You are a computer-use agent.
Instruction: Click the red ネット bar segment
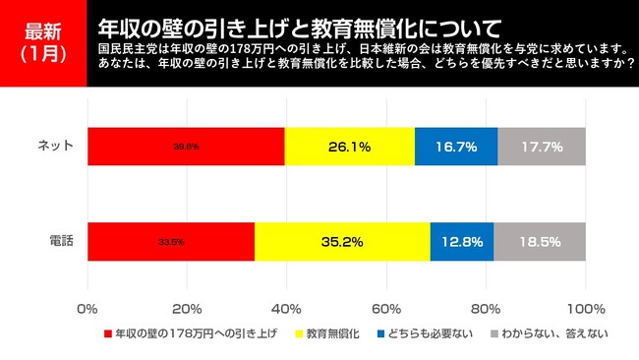click(186, 147)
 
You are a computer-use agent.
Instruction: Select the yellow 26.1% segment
click(349, 147)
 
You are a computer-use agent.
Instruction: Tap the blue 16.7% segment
click(456, 147)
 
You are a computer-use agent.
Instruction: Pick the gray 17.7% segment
click(542, 147)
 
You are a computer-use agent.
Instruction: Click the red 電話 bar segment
click(171, 241)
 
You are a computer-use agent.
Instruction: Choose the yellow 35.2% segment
click(342, 241)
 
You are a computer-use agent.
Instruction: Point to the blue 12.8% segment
click(462, 241)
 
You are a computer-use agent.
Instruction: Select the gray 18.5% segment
click(540, 241)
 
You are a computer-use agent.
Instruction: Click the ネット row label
click(56, 147)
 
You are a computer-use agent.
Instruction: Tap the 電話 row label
click(62, 241)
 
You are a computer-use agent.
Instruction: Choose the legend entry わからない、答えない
click(552, 334)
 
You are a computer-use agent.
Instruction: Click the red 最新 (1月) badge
click(43, 44)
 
